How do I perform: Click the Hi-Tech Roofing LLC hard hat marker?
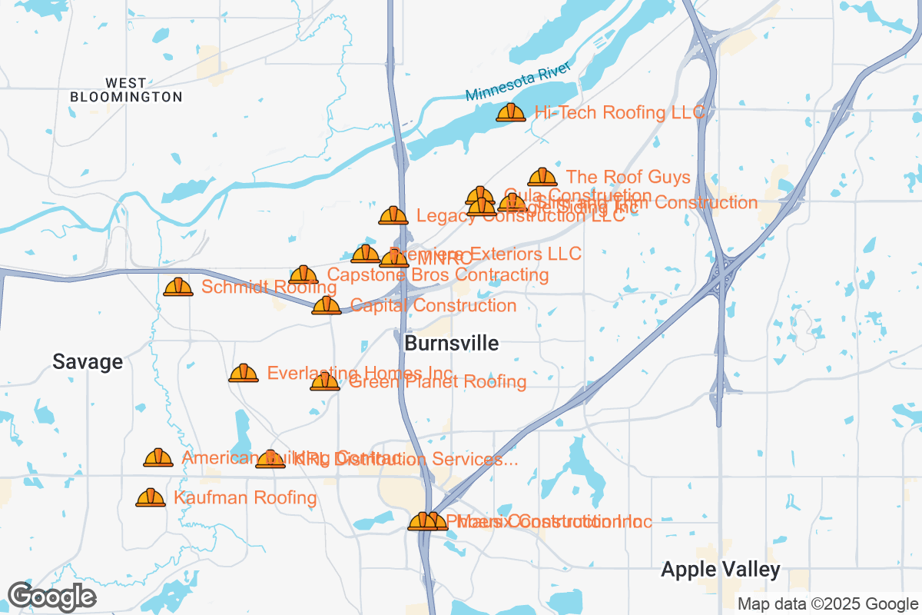(511, 113)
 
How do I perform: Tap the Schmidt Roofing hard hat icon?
(178, 288)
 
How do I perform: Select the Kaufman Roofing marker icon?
(151, 498)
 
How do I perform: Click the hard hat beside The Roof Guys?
(542, 178)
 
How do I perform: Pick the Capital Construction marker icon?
(327, 306)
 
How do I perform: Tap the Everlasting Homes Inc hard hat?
(244, 374)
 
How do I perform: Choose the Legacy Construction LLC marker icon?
(393, 216)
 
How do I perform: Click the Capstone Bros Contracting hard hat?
(303, 274)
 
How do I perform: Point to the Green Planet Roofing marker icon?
(325, 381)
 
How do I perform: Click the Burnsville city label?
(451, 344)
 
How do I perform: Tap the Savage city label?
(88, 362)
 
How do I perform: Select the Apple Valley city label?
(720, 570)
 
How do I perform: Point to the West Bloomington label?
(126, 90)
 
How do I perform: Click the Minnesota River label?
(518, 82)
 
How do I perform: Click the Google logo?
(52, 597)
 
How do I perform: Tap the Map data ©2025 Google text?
(827, 603)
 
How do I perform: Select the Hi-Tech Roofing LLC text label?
(619, 112)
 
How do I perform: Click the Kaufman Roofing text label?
(245, 498)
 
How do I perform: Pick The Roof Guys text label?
(628, 178)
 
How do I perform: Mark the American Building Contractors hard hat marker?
(158, 458)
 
